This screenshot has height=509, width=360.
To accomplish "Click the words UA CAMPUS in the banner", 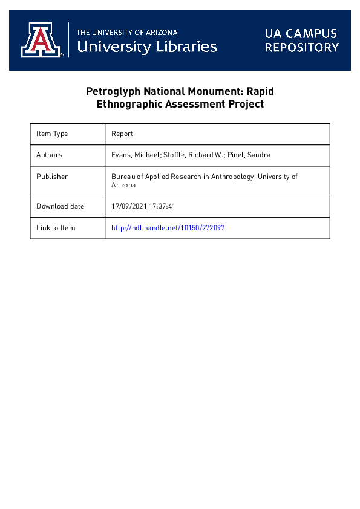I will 301,33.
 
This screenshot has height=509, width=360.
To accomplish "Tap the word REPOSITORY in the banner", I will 301,47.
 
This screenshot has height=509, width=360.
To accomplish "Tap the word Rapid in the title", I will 262,92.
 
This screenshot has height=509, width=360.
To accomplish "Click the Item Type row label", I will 52,134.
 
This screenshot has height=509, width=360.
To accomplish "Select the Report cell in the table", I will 122,134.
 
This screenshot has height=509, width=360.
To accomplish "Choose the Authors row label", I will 49,155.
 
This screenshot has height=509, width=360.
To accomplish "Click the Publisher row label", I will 52,177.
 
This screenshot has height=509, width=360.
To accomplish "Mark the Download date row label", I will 60,206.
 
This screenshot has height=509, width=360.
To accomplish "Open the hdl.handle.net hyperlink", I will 168,228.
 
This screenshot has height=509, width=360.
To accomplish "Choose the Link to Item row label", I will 56,228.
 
